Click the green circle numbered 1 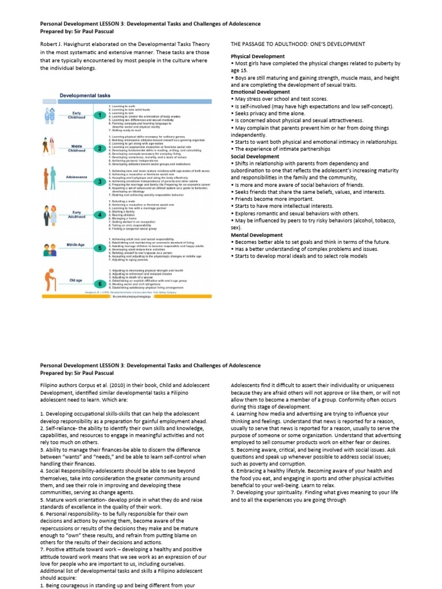(x=101, y=115)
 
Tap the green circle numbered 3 (x=101, y=181)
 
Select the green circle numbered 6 (x=101, y=284)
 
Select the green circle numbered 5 (x=101, y=248)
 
